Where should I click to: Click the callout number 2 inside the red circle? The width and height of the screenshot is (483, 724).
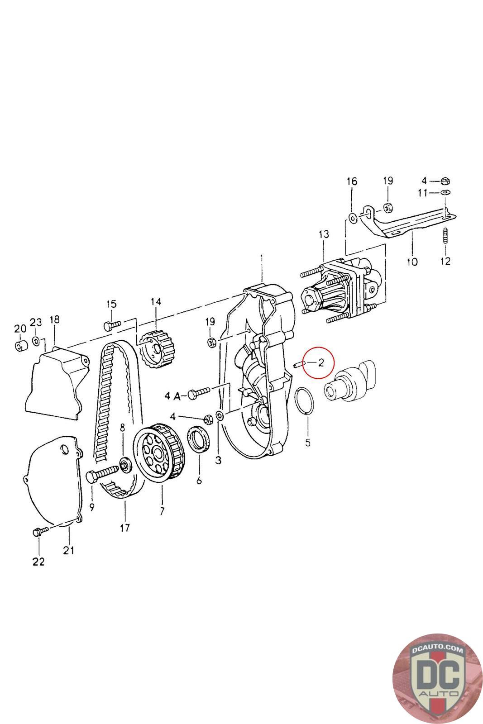[x=321, y=362]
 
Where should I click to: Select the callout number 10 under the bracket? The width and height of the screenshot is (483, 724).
[x=412, y=262]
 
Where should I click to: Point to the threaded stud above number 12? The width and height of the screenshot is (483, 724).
[x=445, y=237]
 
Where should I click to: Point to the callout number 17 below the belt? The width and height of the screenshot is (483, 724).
[x=124, y=527]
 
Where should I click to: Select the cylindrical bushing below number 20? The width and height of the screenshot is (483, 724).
[x=20, y=347]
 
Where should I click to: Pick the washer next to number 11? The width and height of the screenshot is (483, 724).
[x=445, y=193]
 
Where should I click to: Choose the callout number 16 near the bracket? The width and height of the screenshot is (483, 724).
[x=352, y=181]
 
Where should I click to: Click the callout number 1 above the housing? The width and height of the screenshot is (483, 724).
[x=261, y=258]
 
